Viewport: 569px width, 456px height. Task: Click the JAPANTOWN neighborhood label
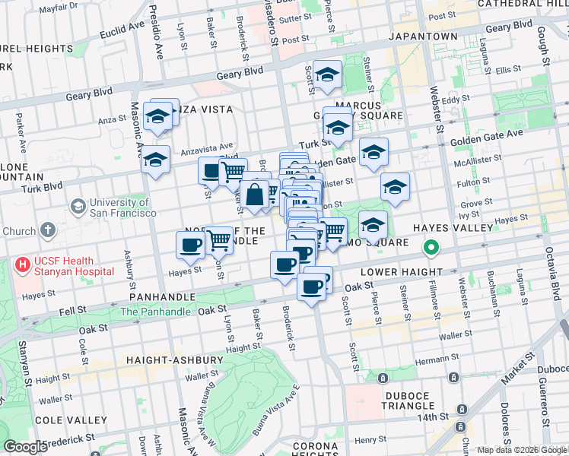click(423, 36)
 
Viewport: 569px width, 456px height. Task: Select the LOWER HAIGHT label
click(401, 272)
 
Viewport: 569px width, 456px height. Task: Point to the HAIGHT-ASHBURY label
click(165, 359)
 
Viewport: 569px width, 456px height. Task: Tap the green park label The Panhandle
click(154, 312)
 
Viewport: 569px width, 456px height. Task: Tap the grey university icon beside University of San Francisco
click(78, 207)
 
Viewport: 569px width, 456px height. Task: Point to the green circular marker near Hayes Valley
click(431, 248)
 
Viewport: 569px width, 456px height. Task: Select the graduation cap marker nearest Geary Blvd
click(327, 75)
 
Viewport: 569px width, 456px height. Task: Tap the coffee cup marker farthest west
click(190, 245)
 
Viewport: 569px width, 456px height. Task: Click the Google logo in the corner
click(25, 448)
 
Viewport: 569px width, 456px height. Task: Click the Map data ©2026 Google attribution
click(522, 450)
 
